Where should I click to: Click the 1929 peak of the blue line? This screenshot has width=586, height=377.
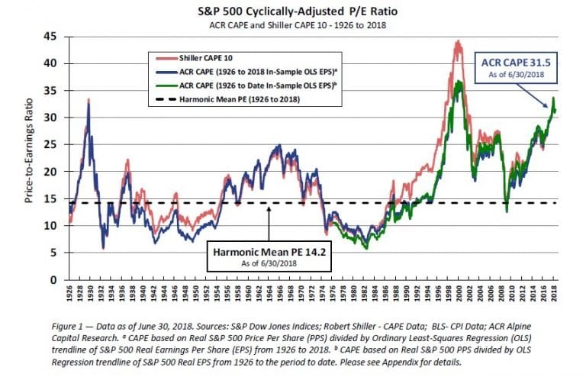click(89, 101)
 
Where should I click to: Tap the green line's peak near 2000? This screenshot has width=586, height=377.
click(459, 81)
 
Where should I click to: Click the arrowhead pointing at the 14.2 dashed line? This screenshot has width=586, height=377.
click(269, 207)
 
